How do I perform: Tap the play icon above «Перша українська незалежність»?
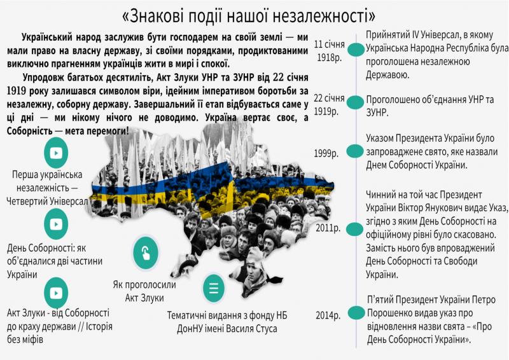click(x=56, y=153)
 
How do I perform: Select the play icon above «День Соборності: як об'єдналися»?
click(x=56, y=224)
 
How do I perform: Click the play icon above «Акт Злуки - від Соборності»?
click(x=56, y=293)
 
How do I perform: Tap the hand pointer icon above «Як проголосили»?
click(x=146, y=253)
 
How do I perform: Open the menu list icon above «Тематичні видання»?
click(x=214, y=288)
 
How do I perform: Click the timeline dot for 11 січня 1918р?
click(x=356, y=50)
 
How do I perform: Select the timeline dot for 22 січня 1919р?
click(x=355, y=102)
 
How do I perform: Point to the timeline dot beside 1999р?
click(x=355, y=151)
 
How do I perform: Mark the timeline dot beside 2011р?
click(x=354, y=229)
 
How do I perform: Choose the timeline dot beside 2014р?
click(x=356, y=312)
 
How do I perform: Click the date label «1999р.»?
click(x=326, y=153)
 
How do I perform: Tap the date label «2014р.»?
click(x=328, y=315)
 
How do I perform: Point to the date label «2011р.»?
click(x=328, y=228)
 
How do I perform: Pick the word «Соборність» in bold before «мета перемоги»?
click(x=29, y=131)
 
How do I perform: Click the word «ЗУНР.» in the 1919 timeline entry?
click(x=377, y=113)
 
